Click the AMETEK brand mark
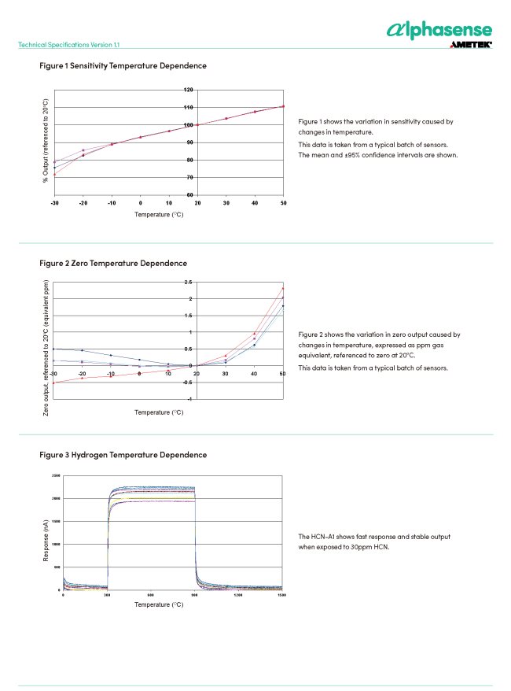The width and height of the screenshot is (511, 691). point(470,46)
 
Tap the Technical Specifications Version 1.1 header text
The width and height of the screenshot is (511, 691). point(69,45)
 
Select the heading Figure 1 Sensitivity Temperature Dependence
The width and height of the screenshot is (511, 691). point(123,66)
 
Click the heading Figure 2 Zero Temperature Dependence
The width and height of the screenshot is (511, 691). point(113,263)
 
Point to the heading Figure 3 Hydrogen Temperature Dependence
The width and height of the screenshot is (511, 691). point(123,455)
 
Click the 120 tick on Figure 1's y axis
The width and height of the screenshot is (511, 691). point(189,90)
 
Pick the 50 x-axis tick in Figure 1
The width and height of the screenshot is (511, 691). point(283,202)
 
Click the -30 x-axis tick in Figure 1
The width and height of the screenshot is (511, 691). point(54,202)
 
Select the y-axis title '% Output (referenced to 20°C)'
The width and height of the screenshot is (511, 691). point(46,142)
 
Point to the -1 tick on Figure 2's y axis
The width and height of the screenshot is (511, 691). point(189,400)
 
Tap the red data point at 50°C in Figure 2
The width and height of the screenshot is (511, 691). point(283,288)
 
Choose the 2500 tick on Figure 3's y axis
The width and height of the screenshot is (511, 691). point(55,476)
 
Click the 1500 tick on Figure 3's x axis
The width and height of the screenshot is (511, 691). point(281,596)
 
